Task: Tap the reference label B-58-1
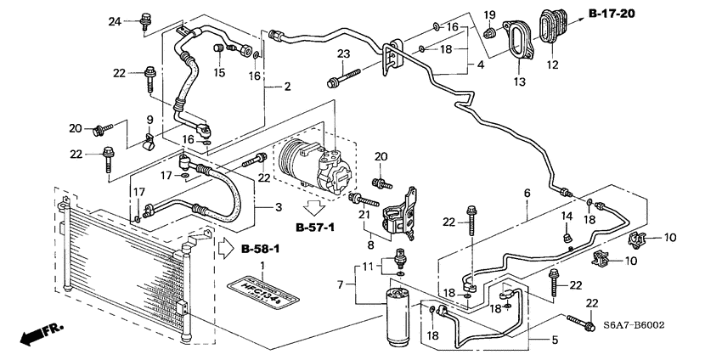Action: pos(261,249)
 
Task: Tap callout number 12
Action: pos(552,65)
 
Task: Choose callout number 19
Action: pos(488,14)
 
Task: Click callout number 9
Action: pos(149,119)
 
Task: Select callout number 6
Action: pos(527,194)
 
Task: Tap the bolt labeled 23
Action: pos(340,82)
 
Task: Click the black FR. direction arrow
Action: pos(34,334)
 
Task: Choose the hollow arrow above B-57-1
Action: pos(316,208)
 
